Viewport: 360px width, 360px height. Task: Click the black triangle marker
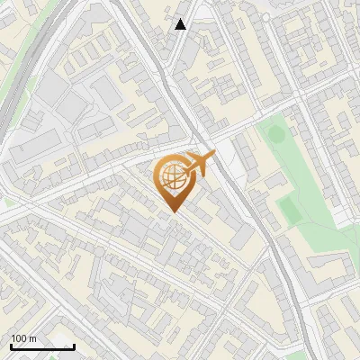[181, 24]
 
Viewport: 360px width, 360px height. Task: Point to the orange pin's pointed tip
[173, 211]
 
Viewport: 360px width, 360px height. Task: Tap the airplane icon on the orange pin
[201, 164]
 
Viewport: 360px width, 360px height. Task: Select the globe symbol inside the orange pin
[172, 177]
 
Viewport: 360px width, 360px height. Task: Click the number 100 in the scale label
[19, 338]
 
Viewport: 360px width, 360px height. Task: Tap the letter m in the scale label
[32, 338]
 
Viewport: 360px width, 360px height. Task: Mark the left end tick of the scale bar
[11, 346]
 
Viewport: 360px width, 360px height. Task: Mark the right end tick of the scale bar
[74, 346]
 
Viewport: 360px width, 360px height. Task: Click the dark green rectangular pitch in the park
[289, 210]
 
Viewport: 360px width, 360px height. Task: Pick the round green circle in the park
[275, 135]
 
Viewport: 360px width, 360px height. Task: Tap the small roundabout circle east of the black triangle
[267, 15]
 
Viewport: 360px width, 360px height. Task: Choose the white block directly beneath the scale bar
[40, 354]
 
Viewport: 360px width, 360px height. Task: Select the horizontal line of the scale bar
[42, 346]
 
